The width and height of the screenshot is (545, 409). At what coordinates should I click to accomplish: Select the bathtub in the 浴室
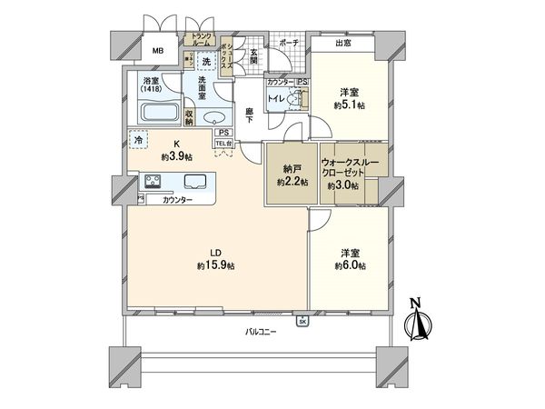coord(160,115)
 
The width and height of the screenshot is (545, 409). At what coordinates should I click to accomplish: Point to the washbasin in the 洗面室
coord(213,117)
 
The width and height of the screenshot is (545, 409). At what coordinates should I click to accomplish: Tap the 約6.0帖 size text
coord(349,265)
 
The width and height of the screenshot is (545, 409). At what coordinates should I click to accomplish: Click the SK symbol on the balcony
coord(301,320)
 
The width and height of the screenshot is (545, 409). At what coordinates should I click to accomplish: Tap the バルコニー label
coord(260,333)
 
